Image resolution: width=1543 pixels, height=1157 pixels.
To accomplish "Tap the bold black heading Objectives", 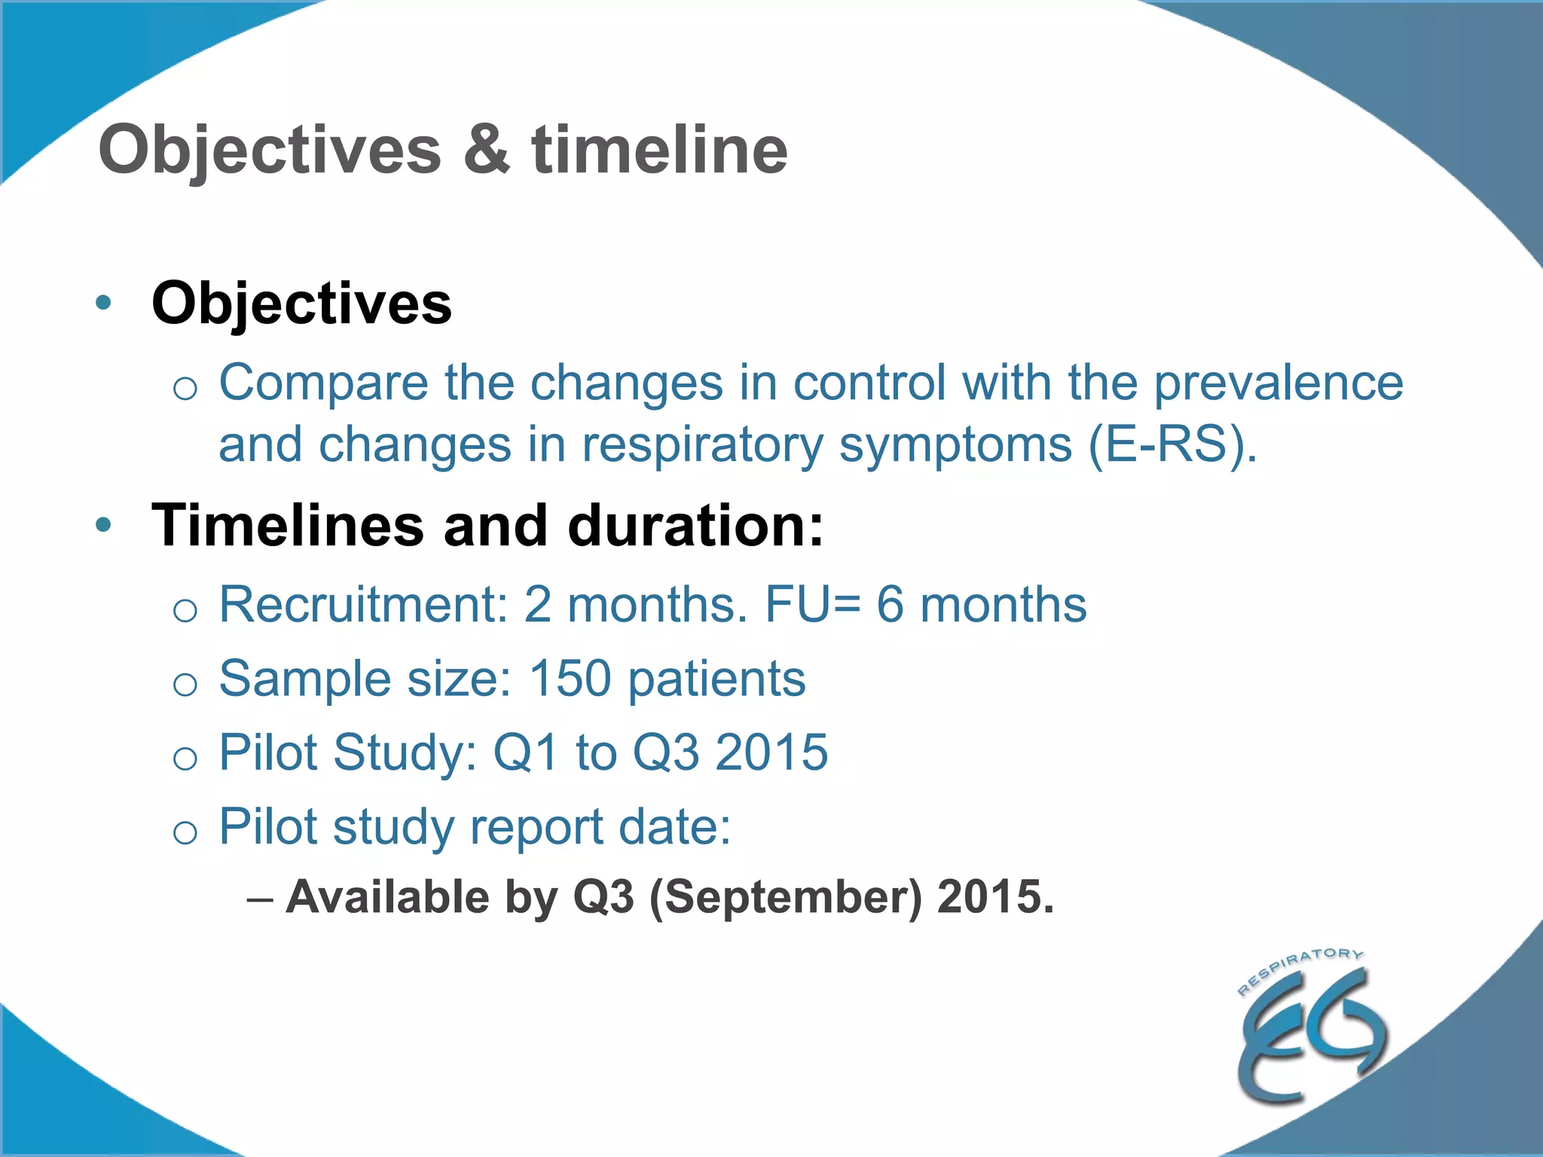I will coord(301,304).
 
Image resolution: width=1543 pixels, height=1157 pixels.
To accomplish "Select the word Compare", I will coord(322,383).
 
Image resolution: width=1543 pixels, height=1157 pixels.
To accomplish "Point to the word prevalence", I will coord(1279,383).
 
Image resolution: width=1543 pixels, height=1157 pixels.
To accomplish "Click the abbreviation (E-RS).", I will coord(1172,444).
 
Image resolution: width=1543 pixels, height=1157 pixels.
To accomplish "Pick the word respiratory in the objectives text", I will coord(702,446).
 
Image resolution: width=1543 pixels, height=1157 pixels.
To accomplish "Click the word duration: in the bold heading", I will coord(695,525).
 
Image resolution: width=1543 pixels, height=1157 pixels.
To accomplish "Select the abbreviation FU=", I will coord(812,604).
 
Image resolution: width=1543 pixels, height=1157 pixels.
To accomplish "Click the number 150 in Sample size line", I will coord(570,678).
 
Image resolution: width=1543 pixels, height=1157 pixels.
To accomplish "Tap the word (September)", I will coord(785,897).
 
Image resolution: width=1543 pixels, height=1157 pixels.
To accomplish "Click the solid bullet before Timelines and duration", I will coord(103,525).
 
